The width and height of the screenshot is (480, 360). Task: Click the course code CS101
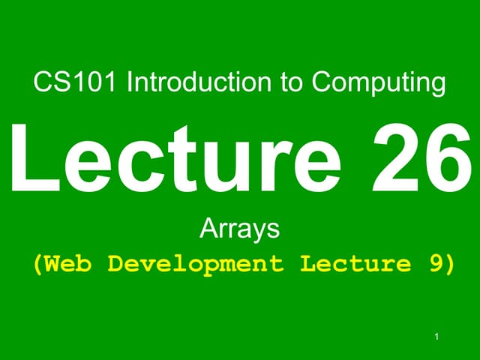point(76,82)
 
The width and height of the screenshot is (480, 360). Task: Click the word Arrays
point(240,228)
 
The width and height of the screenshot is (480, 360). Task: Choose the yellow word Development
point(196,265)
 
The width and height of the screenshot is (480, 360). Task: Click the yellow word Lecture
point(355,264)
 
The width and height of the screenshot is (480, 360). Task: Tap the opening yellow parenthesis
point(37,265)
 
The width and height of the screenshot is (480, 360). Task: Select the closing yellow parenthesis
point(450,265)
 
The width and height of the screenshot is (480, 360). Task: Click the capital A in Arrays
point(208,227)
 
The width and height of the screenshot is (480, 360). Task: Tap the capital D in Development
point(117,264)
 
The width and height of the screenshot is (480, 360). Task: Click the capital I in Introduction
point(130,82)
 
